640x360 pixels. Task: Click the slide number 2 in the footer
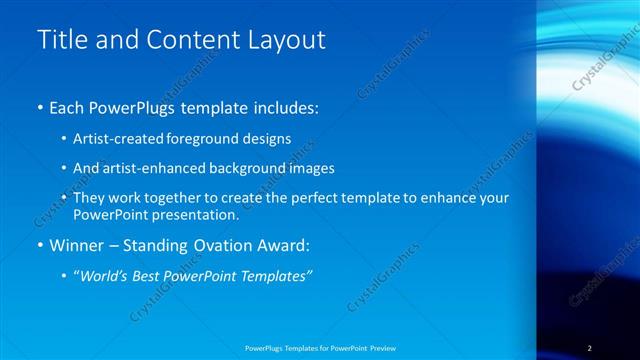pos(590,348)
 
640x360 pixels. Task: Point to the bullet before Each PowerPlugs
pos(39,106)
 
